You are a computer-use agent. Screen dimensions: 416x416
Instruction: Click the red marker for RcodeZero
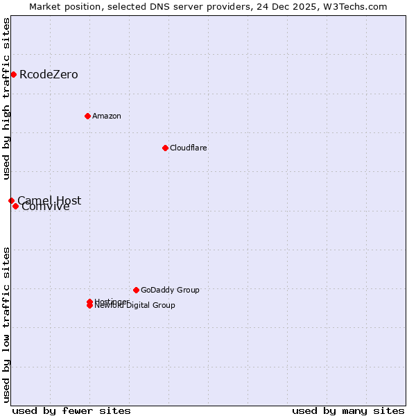pos(13,74)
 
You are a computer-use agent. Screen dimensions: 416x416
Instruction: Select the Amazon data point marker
pos(87,116)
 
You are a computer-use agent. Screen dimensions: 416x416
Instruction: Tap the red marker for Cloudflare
pos(165,148)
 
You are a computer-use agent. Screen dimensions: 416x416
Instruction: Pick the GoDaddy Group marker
pos(136,290)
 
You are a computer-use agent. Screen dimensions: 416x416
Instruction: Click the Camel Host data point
pos(11,200)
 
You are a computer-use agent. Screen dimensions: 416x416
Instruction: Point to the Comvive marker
pos(15,206)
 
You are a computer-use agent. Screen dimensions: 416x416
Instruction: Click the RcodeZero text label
pos(49,74)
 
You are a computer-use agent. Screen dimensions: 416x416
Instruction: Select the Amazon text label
pos(106,116)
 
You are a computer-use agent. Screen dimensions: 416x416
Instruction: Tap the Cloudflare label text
pos(188,148)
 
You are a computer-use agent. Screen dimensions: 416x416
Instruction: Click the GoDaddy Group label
pos(170,290)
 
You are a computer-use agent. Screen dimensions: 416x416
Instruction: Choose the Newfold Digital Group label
pos(135,306)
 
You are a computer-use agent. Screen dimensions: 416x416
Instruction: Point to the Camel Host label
pos(49,200)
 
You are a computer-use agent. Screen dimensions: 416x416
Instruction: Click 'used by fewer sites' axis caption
pos(71,410)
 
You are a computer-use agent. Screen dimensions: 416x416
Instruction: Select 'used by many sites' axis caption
pos(348,410)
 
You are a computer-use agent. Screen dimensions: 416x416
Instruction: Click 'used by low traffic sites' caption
pos(6,324)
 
